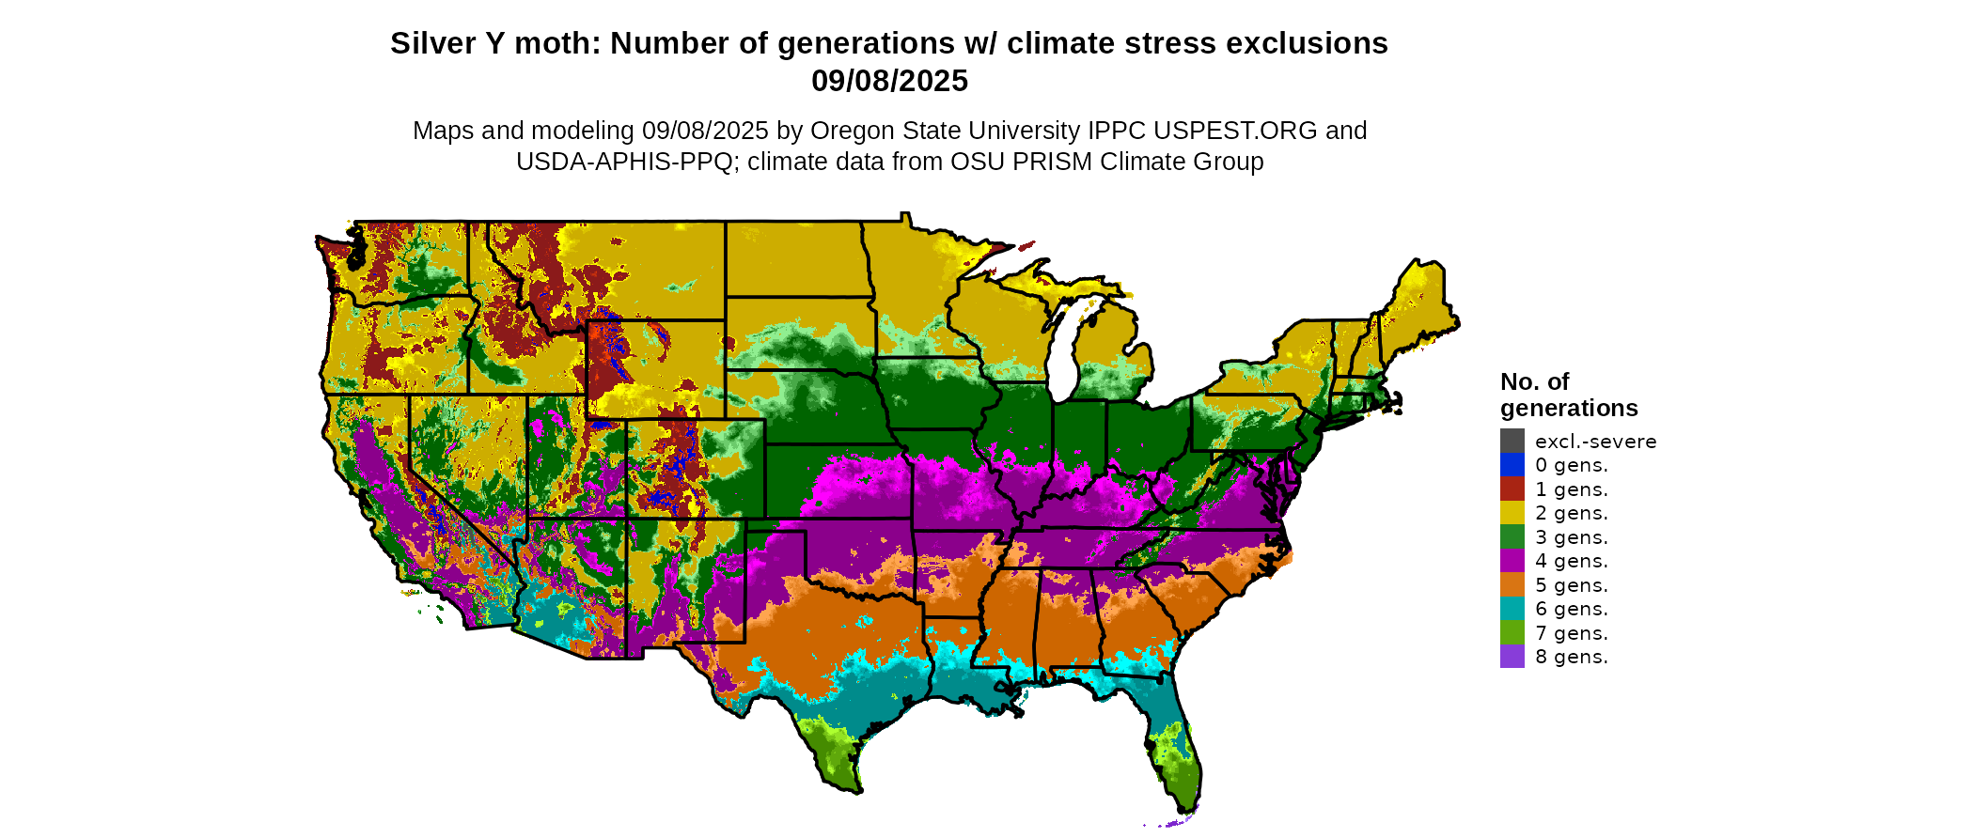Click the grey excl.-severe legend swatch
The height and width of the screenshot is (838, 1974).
point(1512,441)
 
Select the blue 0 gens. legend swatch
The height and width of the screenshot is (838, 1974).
point(1512,465)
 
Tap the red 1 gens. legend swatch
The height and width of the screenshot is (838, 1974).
point(1512,489)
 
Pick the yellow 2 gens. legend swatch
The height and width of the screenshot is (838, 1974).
point(1512,513)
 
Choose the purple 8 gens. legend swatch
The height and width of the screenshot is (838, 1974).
point(1512,657)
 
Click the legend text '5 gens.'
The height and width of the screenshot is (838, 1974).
point(1571,585)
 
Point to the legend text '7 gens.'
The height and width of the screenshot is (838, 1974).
point(1571,633)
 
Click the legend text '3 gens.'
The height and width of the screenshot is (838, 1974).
point(1571,537)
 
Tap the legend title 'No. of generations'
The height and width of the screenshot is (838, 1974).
point(1568,395)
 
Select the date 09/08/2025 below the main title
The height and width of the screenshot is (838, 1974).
point(889,81)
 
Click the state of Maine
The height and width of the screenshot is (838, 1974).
point(1420,301)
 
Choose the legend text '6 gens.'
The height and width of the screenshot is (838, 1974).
point(1571,609)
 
